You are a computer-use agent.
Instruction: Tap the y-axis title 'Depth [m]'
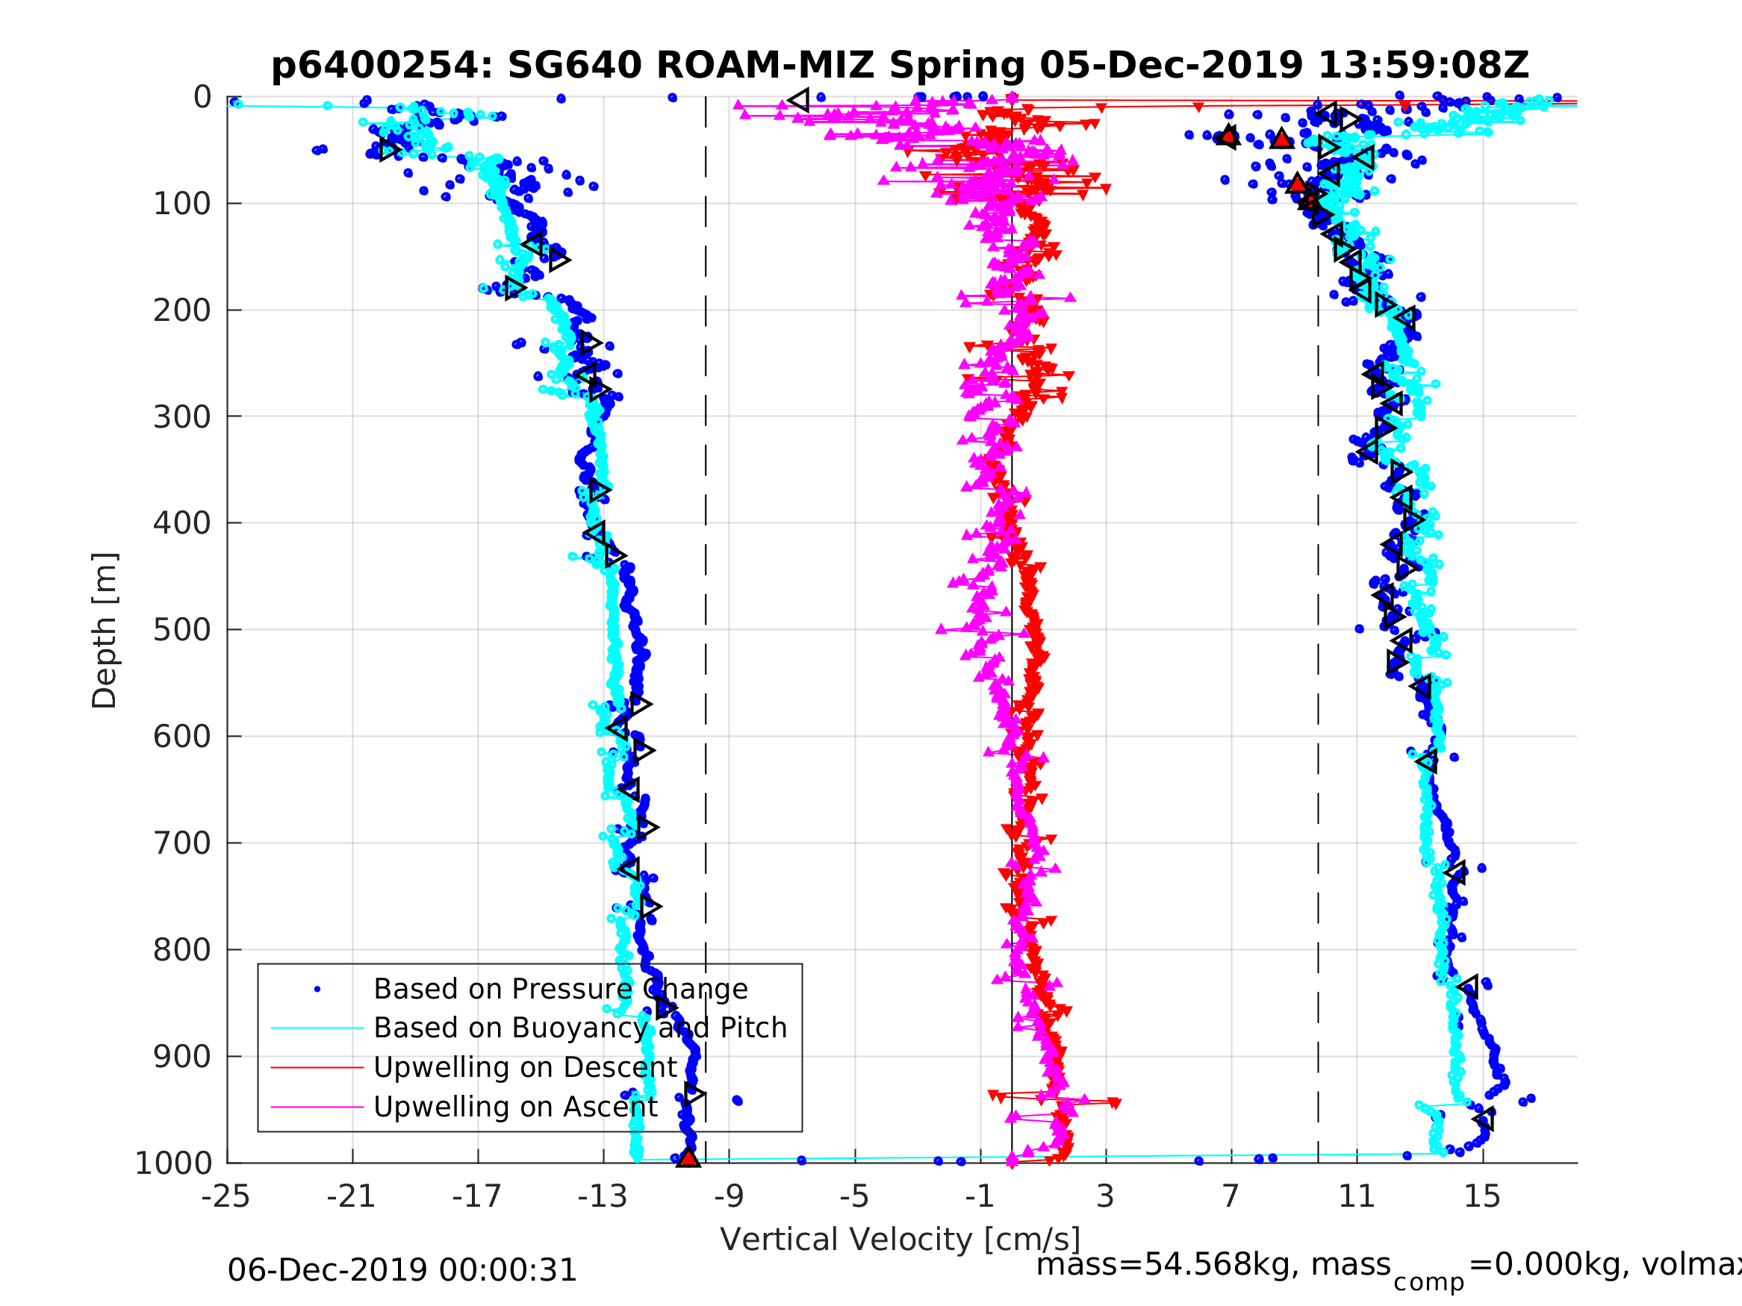click(x=105, y=631)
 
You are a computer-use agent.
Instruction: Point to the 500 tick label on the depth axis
click(x=182, y=630)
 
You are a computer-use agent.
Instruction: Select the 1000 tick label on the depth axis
click(x=174, y=1163)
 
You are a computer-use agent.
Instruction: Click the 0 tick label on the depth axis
click(x=202, y=98)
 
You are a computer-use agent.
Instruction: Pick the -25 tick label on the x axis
click(x=226, y=1196)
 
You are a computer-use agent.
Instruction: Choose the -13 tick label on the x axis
click(x=603, y=1196)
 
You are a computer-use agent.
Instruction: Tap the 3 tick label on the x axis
click(x=1105, y=1196)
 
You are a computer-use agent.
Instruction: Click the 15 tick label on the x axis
click(x=1482, y=1196)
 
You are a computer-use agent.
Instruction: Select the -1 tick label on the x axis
click(x=980, y=1196)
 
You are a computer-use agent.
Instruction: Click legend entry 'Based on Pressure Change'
click(x=560, y=989)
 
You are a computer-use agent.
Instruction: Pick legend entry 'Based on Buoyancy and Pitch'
click(x=579, y=1028)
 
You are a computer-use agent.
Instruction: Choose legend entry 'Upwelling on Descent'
click(x=524, y=1067)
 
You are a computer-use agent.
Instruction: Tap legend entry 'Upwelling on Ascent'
click(x=515, y=1107)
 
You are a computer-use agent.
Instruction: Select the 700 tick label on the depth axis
click(x=182, y=843)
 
